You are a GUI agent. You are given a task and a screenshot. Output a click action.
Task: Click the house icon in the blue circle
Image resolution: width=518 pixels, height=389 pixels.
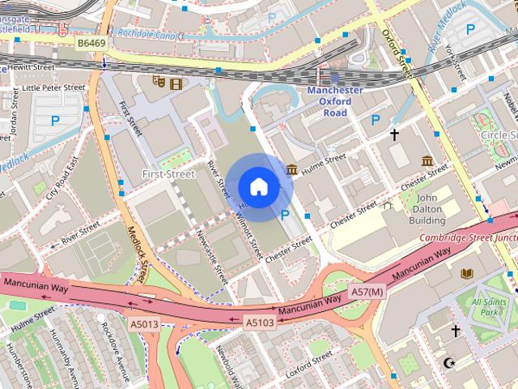tap(258, 186)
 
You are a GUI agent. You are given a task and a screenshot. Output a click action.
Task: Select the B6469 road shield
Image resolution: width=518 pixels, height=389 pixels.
tap(92, 41)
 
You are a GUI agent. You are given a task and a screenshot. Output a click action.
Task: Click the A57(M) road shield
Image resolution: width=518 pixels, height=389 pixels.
tap(366, 291)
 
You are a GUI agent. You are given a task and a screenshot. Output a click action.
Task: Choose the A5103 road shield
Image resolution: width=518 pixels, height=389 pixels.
tap(261, 322)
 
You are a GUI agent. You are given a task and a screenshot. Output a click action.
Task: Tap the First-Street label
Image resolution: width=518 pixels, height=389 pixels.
tap(168, 173)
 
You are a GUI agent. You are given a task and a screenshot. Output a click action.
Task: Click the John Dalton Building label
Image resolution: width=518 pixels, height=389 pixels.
tap(427, 208)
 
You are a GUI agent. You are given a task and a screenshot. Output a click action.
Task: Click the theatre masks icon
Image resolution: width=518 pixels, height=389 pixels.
tap(159, 81)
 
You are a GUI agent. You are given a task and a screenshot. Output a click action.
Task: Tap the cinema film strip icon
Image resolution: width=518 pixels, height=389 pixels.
tap(176, 81)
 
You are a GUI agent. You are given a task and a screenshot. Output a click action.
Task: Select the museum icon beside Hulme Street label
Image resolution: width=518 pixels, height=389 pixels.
tap(291, 169)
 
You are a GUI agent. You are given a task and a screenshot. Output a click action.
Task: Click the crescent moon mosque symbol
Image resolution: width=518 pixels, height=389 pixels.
tap(449, 362)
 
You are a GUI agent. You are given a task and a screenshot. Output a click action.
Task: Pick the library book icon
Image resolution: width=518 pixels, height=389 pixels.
tap(466, 274)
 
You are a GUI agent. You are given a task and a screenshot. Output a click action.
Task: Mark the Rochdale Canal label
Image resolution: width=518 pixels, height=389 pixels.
tap(146, 34)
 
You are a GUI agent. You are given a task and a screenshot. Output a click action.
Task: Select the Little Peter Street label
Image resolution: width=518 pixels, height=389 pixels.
tap(53, 87)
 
